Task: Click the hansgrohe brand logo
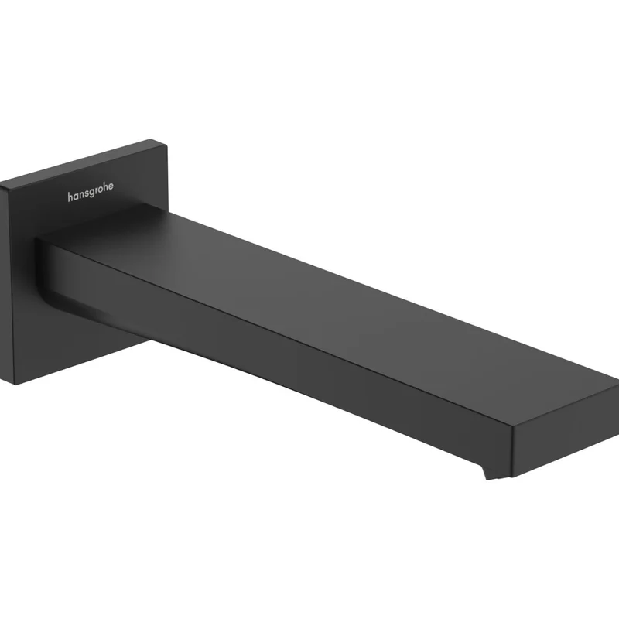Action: click(91, 191)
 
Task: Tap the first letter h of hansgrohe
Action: click(70, 197)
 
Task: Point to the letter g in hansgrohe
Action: click(92, 193)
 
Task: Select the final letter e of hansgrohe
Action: click(111, 186)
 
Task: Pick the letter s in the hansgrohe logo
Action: click(87, 193)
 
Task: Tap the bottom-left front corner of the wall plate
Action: click(15, 384)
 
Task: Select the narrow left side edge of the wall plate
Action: click(7, 282)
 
